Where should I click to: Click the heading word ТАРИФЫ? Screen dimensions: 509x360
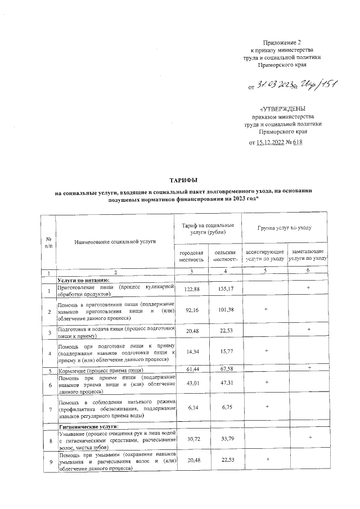click(x=180, y=179)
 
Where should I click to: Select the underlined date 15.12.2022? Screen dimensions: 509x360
click(x=272, y=142)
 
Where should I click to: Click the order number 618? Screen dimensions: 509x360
click(x=298, y=142)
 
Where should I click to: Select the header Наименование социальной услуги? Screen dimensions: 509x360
click(x=115, y=241)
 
